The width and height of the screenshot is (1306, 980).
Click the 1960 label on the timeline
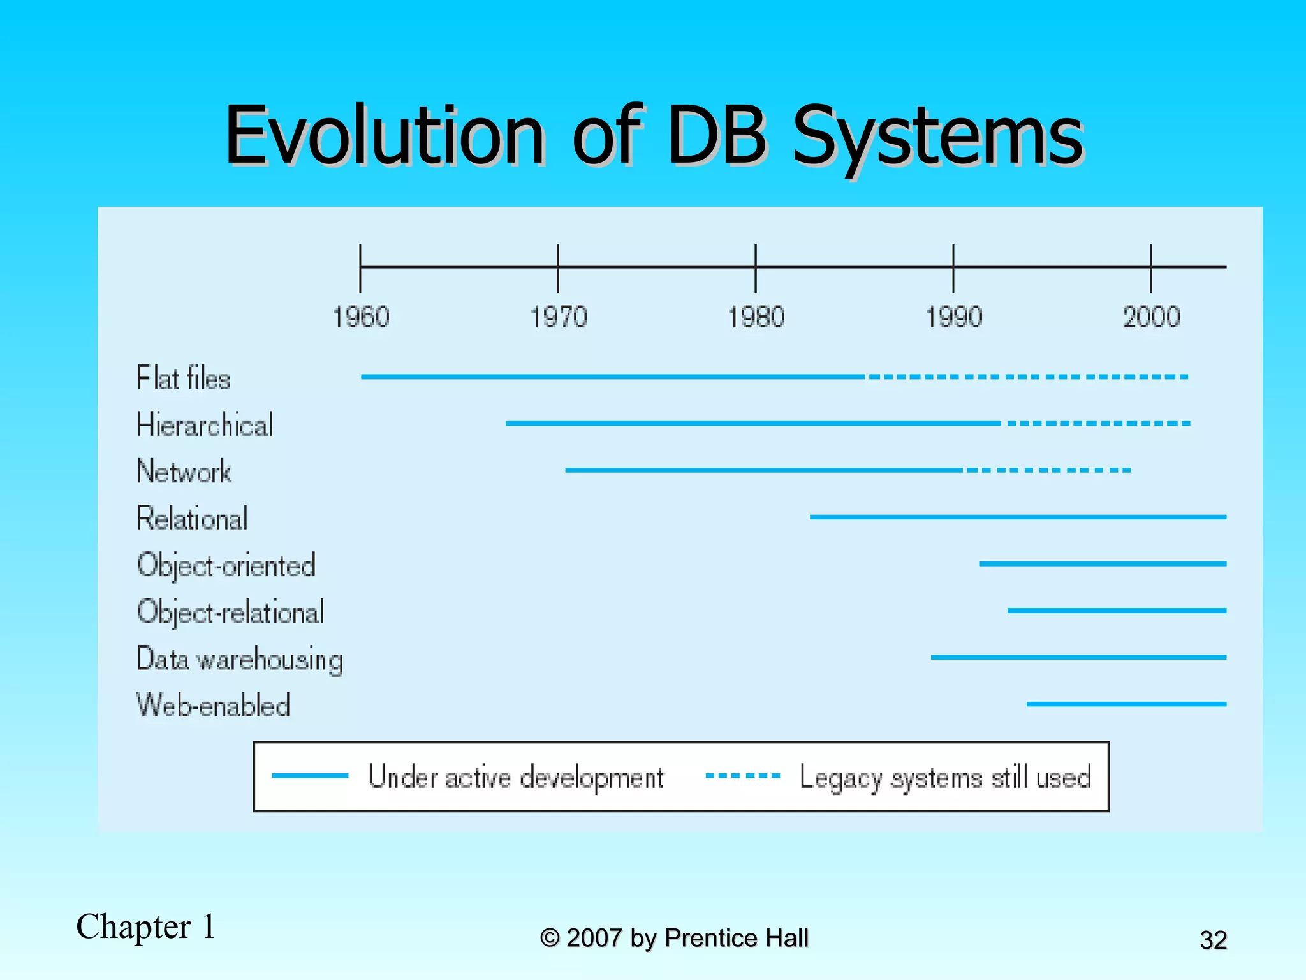[361, 317]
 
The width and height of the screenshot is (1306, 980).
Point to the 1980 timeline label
[756, 317]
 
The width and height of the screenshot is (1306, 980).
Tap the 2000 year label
[1152, 317]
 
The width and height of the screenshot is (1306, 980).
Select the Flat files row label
[183, 378]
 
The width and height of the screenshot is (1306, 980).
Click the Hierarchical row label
[205, 425]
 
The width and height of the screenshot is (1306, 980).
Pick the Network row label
[184, 471]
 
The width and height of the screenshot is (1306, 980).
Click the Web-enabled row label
[214, 706]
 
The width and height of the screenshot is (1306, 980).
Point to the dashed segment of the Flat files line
[1027, 376]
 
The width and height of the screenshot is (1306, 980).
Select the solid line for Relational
[1017, 517]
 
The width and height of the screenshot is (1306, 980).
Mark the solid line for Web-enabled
[1126, 704]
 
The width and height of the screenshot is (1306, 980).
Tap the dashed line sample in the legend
[742, 776]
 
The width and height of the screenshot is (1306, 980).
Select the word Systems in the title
[937, 137]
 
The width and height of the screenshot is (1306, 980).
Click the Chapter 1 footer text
[146, 926]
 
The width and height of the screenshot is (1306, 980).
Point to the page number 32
[1213, 940]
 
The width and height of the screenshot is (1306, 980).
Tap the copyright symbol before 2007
[550, 939]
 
